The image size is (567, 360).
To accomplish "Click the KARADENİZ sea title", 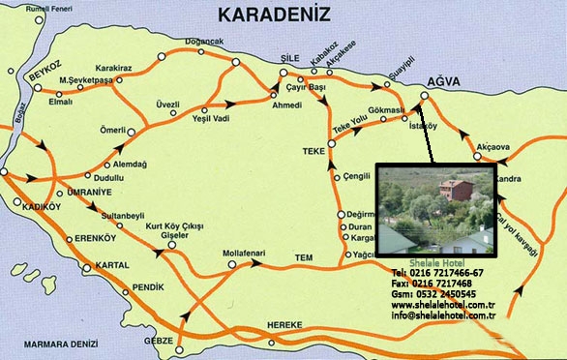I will pos(274,15).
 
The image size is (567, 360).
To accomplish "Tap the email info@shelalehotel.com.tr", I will pos(443,315).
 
